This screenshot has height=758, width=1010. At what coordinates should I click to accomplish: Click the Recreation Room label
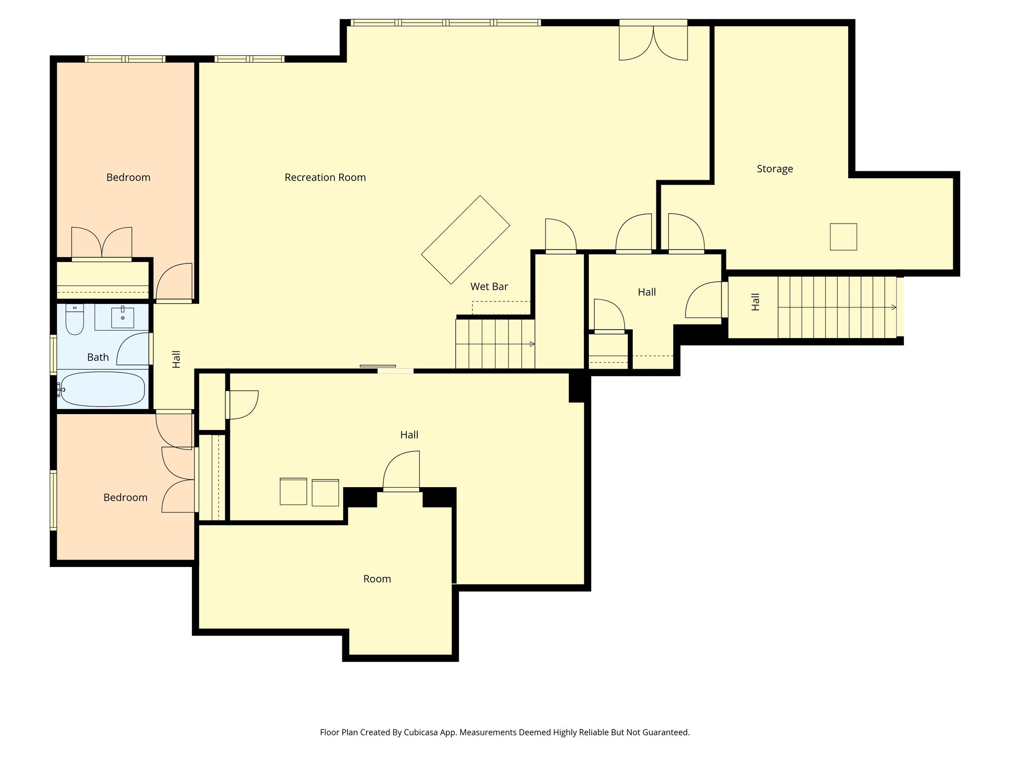pyautogui.click(x=325, y=178)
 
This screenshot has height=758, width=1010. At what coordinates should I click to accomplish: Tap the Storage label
pyautogui.click(x=775, y=169)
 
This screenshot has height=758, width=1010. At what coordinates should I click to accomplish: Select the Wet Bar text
pyautogui.click(x=489, y=287)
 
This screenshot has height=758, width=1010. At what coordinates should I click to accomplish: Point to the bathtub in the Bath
pyautogui.click(x=103, y=389)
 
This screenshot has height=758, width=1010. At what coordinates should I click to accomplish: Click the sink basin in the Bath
pyautogui.click(x=122, y=317)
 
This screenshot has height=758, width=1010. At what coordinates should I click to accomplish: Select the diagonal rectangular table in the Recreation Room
pyautogui.click(x=465, y=240)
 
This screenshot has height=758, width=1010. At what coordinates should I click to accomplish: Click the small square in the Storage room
pyautogui.click(x=843, y=237)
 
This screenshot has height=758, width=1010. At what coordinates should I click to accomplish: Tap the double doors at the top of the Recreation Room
pyautogui.click(x=653, y=42)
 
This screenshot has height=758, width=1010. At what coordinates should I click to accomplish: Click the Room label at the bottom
pyautogui.click(x=377, y=579)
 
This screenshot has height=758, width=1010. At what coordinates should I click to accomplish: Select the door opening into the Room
pyautogui.click(x=401, y=471)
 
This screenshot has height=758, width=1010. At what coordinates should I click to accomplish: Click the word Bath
pyautogui.click(x=98, y=357)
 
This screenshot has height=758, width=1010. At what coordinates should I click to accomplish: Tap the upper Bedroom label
pyautogui.click(x=128, y=178)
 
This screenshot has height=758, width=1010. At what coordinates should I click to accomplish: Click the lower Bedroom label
pyautogui.click(x=125, y=498)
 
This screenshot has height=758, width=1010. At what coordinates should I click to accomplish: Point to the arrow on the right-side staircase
pyautogui.click(x=894, y=307)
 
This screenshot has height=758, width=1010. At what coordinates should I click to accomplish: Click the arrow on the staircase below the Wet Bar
pyautogui.click(x=532, y=344)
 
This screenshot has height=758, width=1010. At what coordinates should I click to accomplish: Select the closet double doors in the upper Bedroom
pyautogui.click(x=102, y=243)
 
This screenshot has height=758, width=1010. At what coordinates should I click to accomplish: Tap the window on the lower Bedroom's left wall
pyautogui.click(x=53, y=500)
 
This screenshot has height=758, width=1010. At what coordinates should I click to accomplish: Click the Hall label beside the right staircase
pyautogui.click(x=755, y=302)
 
